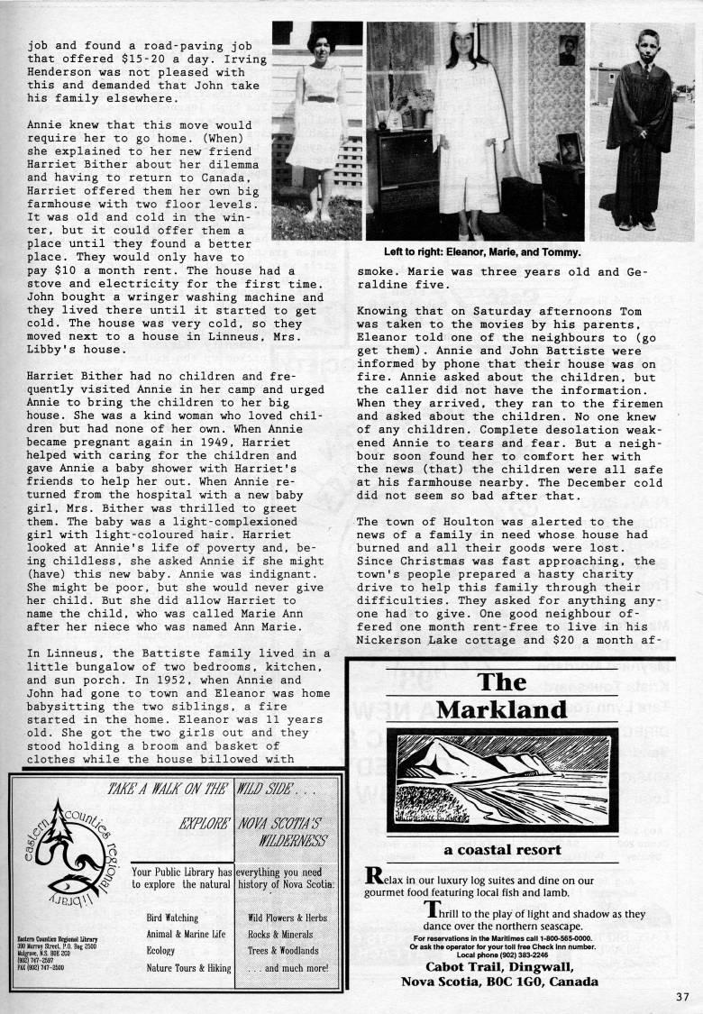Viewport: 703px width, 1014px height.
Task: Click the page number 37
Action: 680,996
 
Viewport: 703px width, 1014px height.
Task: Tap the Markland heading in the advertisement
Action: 502,695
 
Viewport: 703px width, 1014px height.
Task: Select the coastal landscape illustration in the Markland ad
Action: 502,781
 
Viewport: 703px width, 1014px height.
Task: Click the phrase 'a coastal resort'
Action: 502,849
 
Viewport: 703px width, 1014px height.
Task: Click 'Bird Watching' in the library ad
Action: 171,918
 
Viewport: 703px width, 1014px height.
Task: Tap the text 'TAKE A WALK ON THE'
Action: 167,789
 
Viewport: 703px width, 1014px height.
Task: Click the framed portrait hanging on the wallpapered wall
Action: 568,50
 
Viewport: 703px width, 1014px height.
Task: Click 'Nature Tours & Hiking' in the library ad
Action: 187,967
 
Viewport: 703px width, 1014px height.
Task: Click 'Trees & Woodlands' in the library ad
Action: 283,950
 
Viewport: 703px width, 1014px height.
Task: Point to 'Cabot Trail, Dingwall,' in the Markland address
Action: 502,967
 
